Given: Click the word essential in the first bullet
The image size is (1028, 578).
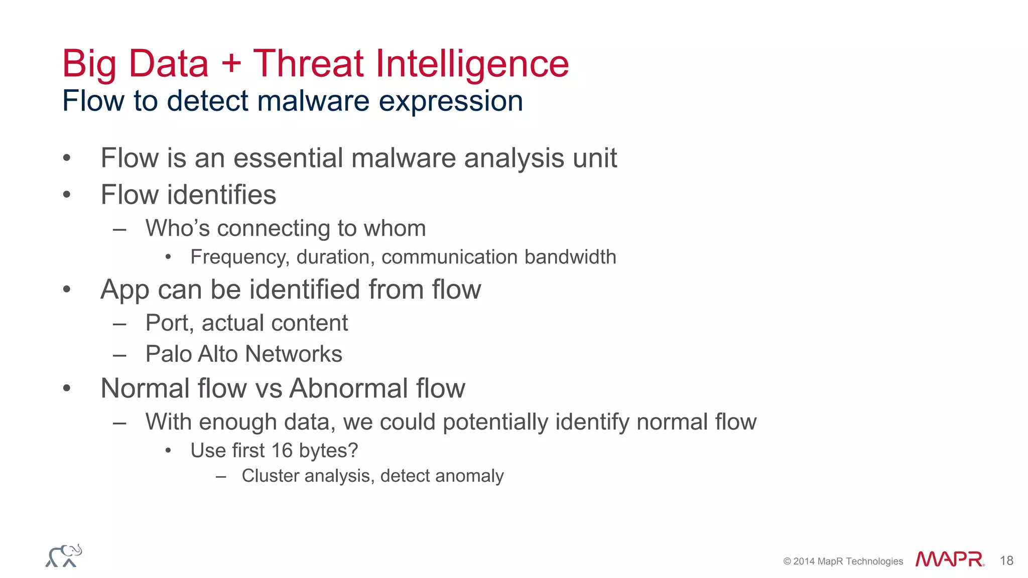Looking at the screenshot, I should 289,158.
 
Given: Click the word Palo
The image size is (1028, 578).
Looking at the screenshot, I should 168,354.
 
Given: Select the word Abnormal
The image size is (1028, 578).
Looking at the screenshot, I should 349,388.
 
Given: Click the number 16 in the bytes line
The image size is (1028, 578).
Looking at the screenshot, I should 282,451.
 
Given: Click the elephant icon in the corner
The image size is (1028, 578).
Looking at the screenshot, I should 64,556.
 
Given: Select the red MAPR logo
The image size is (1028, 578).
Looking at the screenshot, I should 949,559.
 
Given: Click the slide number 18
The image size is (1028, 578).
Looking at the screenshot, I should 1006,561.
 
